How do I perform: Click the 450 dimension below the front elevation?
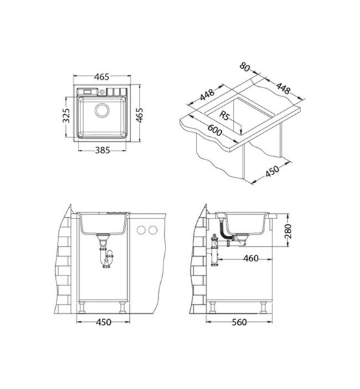104,322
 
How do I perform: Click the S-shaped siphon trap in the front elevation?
104,258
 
